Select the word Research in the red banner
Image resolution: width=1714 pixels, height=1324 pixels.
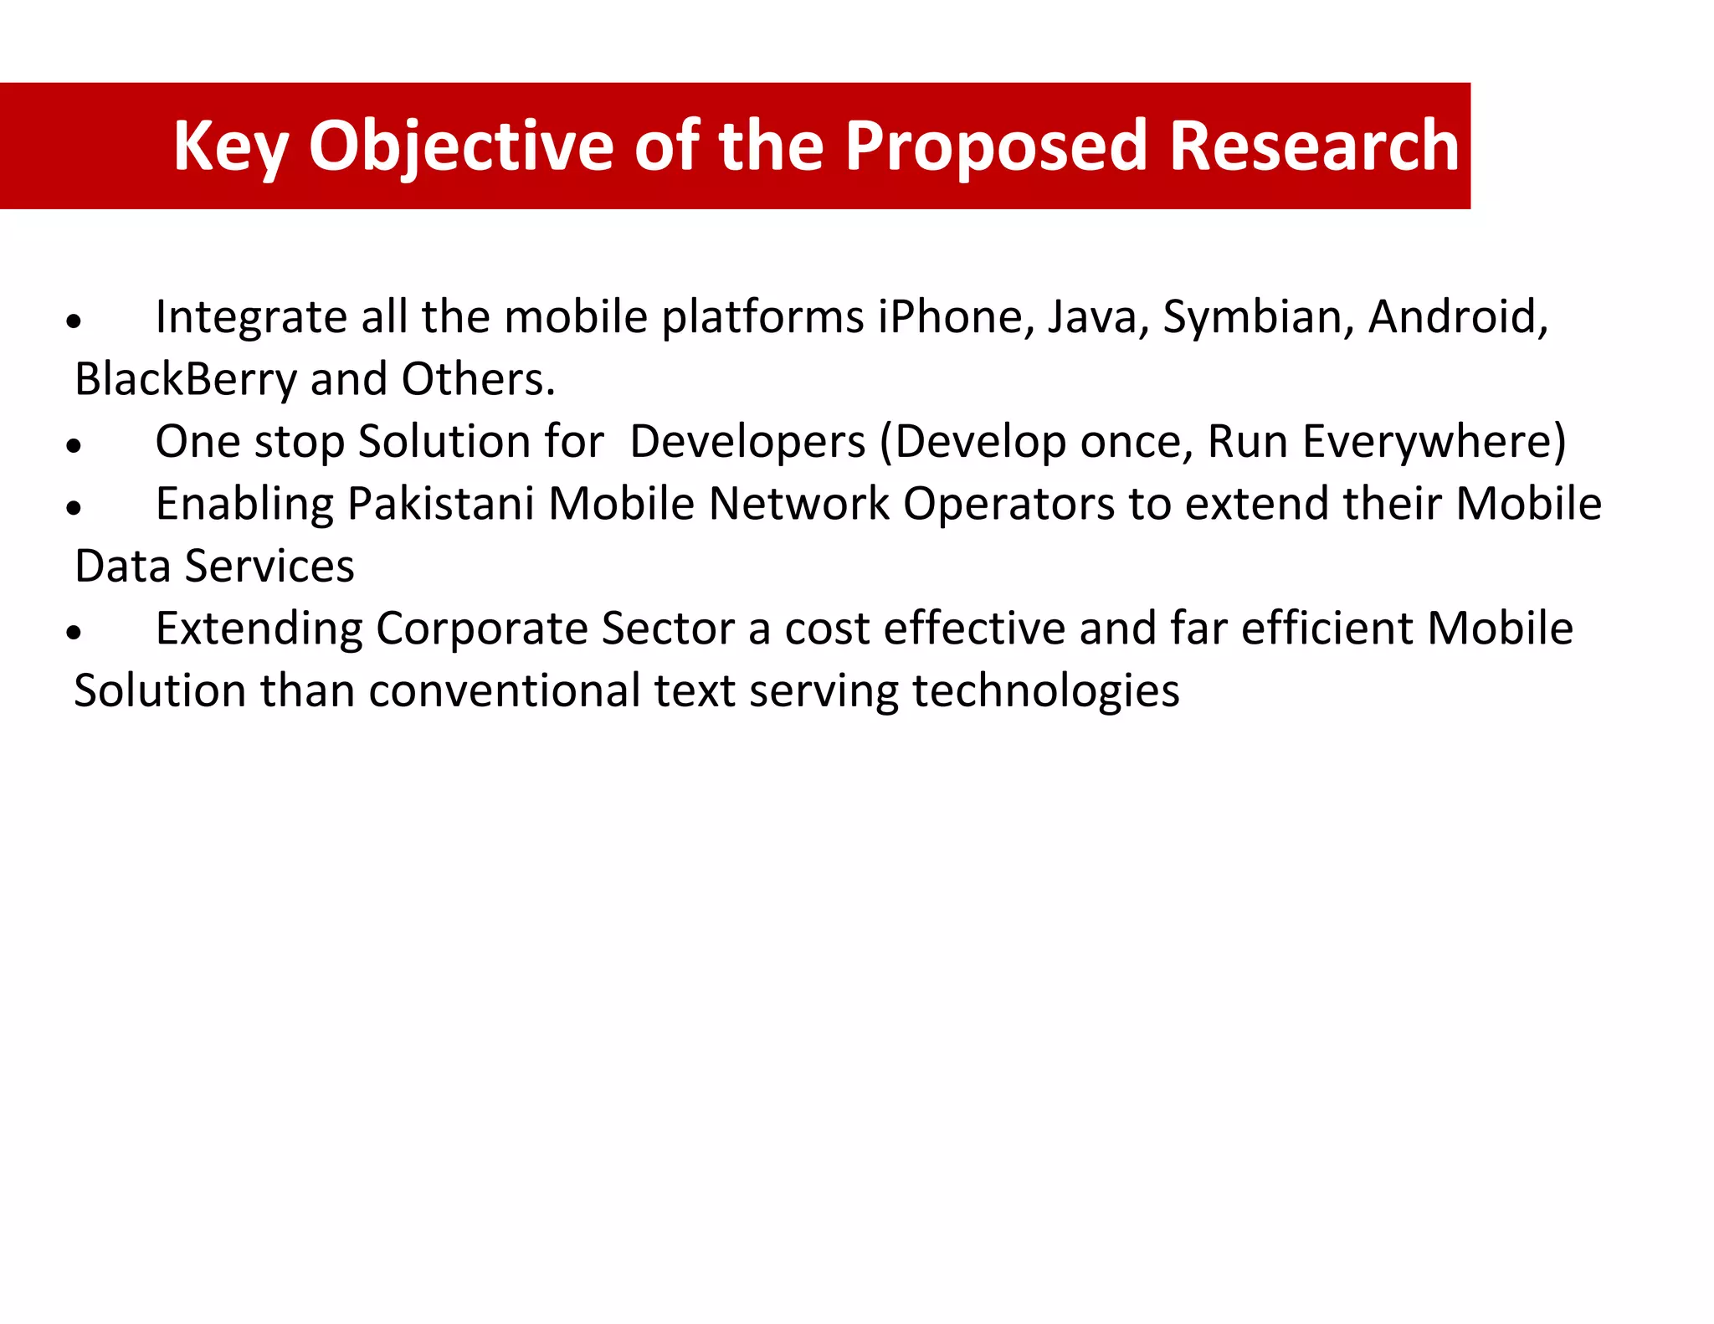point(1314,147)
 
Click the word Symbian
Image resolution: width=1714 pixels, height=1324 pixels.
point(1258,318)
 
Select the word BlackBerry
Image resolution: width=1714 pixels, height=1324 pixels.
point(185,380)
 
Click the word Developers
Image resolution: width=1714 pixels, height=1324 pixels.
point(747,442)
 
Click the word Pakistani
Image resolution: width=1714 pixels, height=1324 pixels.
point(440,505)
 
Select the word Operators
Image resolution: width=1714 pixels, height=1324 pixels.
point(1008,505)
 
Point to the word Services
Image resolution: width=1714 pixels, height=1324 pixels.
point(269,567)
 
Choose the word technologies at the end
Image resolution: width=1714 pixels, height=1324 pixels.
point(1045,691)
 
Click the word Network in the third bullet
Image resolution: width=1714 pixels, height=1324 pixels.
point(798,505)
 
